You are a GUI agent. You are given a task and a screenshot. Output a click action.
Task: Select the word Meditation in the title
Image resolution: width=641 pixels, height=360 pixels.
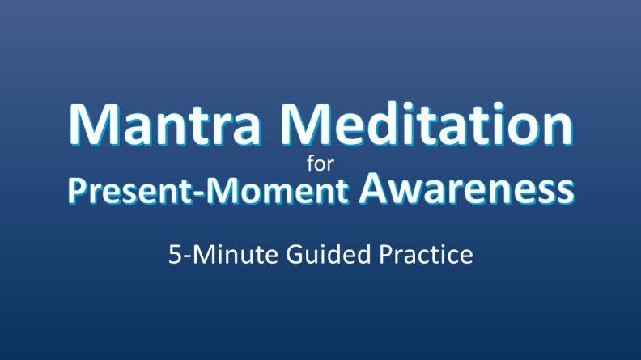[x=432, y=126]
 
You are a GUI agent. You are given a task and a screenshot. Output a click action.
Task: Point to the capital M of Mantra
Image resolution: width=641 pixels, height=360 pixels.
[x=96, y=126]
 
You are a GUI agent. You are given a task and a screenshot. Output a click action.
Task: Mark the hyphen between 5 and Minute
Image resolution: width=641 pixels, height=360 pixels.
[x=185, y=258]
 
